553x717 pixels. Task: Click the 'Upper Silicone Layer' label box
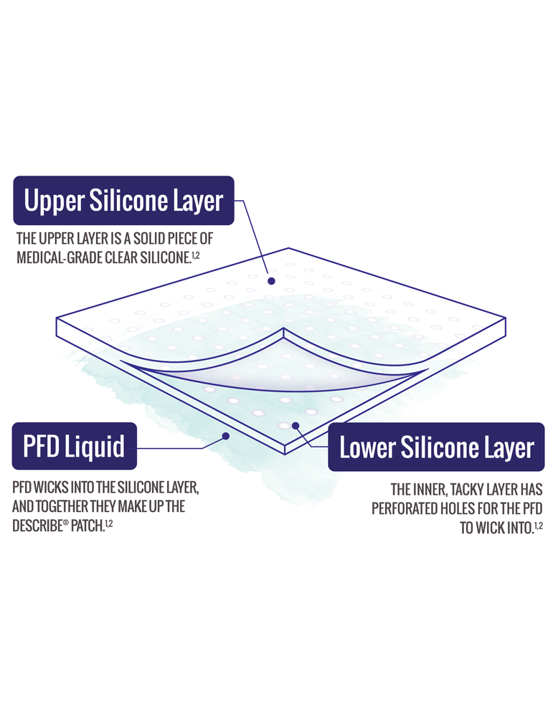123,200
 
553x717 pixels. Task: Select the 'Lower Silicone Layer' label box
436,447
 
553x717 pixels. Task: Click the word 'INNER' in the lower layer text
428,490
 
